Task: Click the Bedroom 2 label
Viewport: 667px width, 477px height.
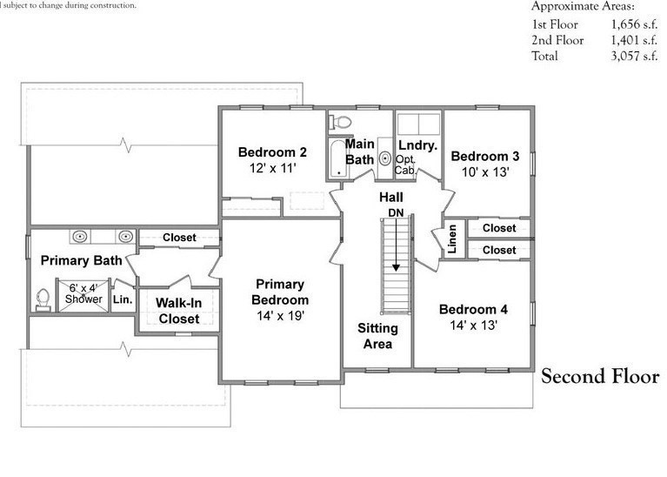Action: [273, 152]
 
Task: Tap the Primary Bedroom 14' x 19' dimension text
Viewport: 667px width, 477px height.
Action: [279, 315]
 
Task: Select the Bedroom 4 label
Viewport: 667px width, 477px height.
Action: [473, 309]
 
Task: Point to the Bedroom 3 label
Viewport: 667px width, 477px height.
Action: [484, 156]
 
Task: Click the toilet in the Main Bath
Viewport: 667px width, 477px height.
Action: [343, 122]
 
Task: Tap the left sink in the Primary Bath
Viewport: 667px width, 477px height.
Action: [79, 236]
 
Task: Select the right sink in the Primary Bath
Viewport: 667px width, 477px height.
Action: [125, 236]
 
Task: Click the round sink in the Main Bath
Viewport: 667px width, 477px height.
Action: [384, 159]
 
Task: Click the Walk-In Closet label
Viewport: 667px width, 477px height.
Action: [177, 311]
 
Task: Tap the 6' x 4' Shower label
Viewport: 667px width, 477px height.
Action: [85, 292]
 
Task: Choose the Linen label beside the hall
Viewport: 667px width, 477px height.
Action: [453, 240]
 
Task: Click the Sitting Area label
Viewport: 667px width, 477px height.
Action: [377, 335]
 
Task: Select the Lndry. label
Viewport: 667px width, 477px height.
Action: [417, 144]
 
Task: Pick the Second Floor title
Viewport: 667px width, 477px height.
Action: [600, 377]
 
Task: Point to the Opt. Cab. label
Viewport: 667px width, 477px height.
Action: [405, 165]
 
